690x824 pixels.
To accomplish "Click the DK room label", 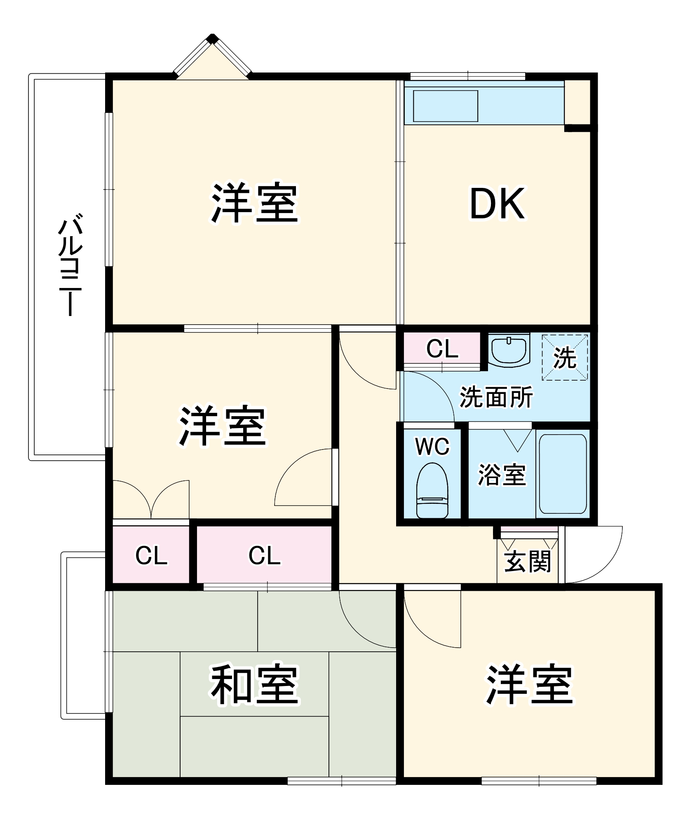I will click(497, 204).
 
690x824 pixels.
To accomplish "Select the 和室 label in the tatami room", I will click(254, 684).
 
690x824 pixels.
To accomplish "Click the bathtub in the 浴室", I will click(563, 474).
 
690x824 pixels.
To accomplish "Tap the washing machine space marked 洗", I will click(564, 357).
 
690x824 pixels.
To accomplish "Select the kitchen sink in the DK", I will click(445, 106).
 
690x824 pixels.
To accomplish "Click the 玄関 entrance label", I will click(527, 561).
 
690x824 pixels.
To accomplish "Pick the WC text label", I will click(432, 446).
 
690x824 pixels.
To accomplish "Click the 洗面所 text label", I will click(496, 397).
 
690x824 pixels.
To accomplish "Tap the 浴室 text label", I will click(502, 475).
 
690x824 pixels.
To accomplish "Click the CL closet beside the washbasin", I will click(442, 349).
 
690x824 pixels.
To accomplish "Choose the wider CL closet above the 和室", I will click(264, 555).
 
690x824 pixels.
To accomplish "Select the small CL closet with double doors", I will click(151, 555).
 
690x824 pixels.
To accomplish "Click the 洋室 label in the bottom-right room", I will click(529, 684).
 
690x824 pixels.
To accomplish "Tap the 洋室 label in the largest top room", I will click(254, 203).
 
